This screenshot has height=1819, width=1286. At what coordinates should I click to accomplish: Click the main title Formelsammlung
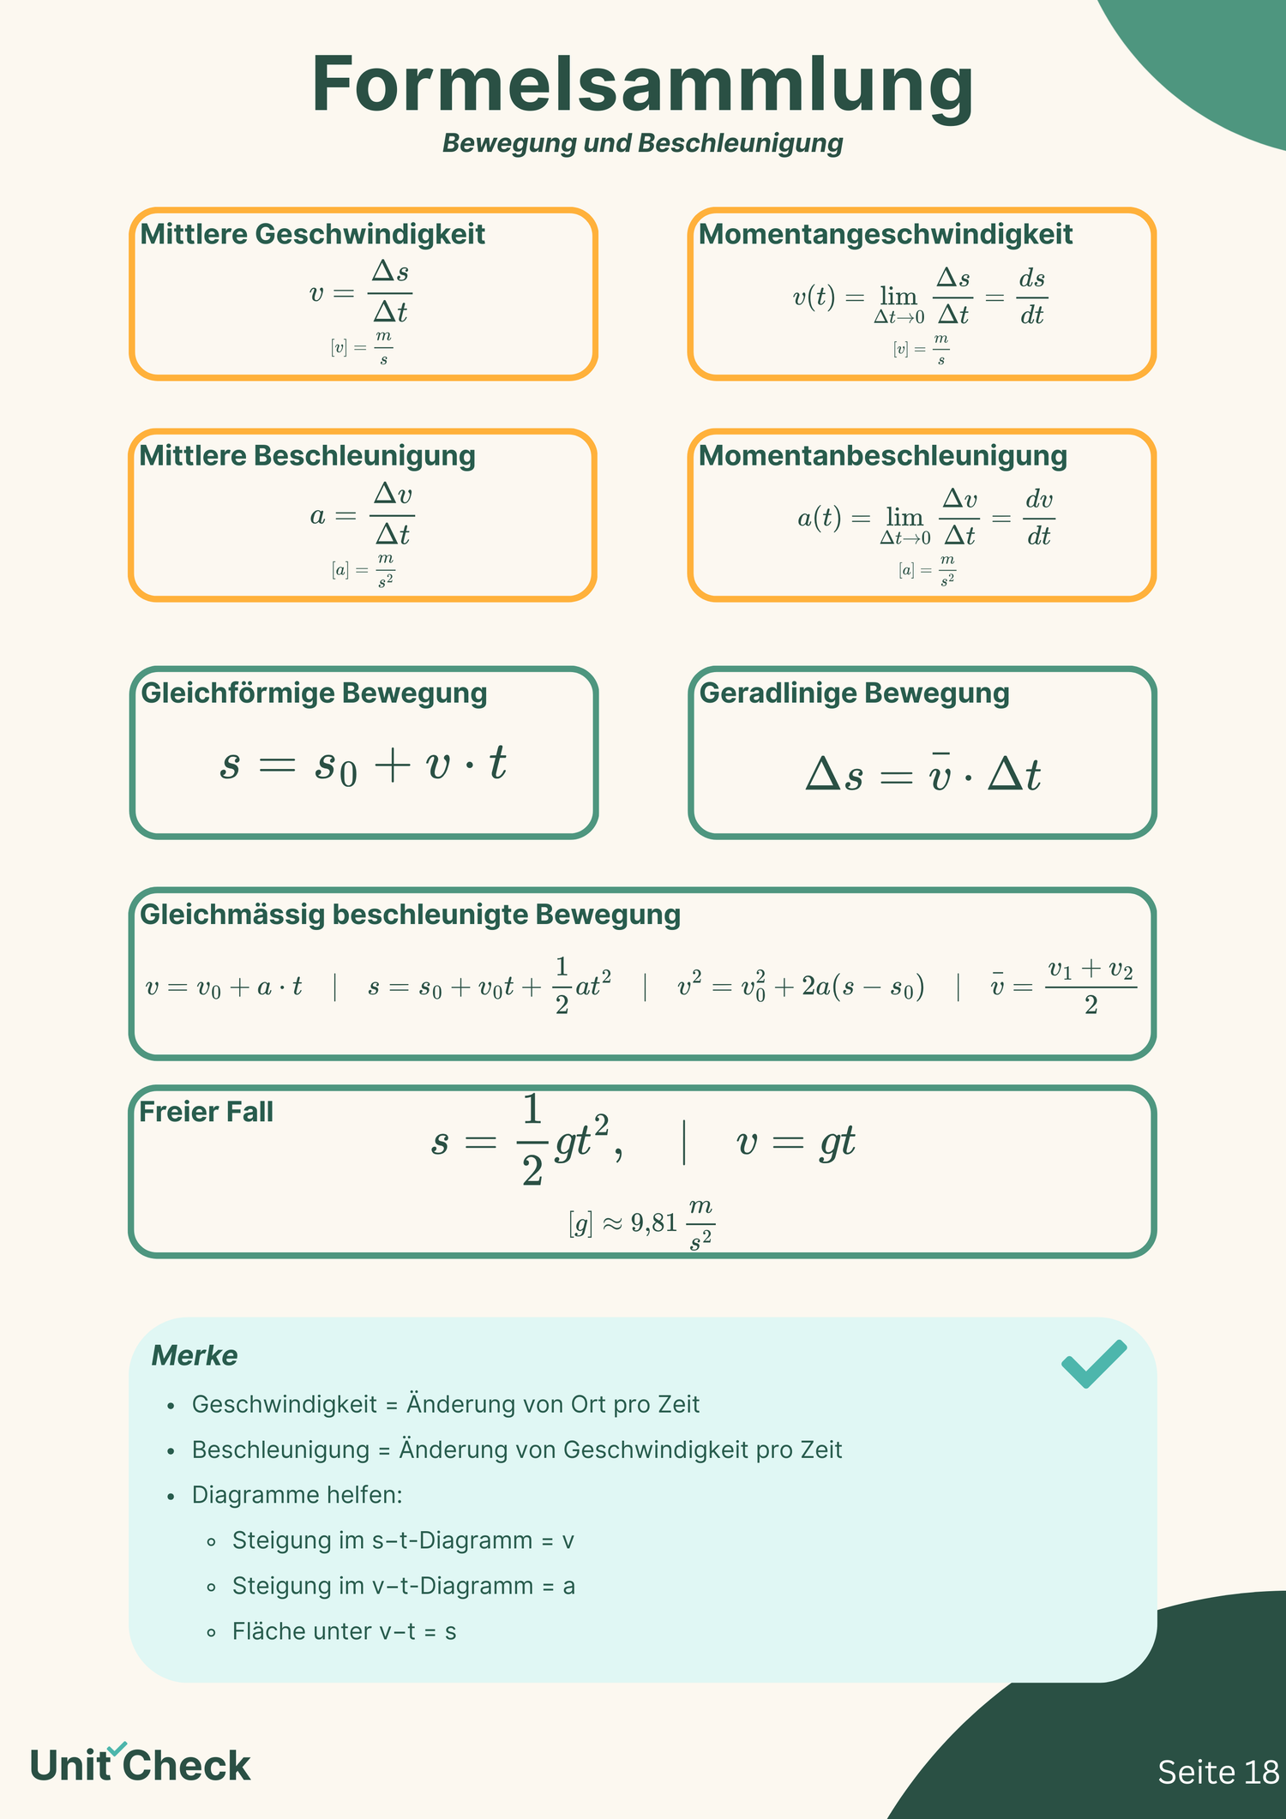(642, 86)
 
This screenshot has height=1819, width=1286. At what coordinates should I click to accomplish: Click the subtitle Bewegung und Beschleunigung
(642, 143)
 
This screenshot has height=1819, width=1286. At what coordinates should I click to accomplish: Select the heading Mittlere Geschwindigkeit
(312, 234)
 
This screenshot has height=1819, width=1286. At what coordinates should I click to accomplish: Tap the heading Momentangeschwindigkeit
(885, 234)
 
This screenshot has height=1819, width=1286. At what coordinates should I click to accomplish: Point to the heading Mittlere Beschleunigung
(307, 455)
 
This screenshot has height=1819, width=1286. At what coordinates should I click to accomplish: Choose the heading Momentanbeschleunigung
(882, 455)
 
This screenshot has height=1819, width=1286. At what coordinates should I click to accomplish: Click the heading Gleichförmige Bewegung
(313, 693)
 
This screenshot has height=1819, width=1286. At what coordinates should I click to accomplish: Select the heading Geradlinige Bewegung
(854, 693)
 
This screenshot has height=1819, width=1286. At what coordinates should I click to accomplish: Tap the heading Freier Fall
(206, 1112)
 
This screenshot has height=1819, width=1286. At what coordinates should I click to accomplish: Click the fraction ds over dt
(1032, 297)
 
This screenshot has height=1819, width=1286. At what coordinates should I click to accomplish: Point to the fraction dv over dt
(1039, 518)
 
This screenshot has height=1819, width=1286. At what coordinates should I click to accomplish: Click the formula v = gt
(796, 1142)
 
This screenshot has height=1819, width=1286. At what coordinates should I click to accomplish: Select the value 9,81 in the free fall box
(654, 1223)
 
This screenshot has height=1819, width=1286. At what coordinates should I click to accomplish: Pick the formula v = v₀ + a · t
(224, 988)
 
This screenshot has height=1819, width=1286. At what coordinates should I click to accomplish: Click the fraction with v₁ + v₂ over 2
(1091, 987)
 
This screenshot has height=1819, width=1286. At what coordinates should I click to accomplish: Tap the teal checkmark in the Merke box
(1093, 1362)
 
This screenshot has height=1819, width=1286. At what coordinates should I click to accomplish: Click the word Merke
(195, 1355)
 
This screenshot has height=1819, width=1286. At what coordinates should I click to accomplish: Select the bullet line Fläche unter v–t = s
(344, 1631)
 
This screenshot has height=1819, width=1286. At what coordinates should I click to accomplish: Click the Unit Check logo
(140, 1765)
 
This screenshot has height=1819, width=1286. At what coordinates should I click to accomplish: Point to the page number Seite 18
(1217, 1772)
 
